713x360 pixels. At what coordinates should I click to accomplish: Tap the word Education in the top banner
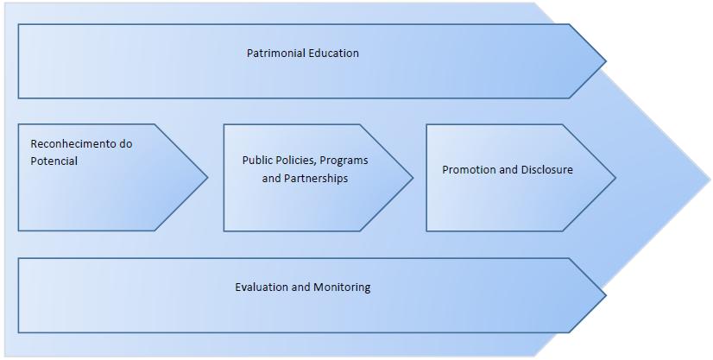click(333, 54)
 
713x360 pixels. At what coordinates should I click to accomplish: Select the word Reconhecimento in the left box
click(73, 144)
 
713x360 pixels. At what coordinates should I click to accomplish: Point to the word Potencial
click(54, 161)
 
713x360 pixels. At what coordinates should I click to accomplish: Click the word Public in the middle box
click(258, 161)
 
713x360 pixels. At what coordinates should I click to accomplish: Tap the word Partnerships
click(317, 179)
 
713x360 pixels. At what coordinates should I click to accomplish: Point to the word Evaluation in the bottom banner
click(262, 287)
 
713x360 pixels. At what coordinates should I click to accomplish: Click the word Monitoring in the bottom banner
click(342, 287)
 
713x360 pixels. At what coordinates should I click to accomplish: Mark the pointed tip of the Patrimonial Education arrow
click(606, 61)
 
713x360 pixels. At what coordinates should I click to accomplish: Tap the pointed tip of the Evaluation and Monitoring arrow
click(606, 295)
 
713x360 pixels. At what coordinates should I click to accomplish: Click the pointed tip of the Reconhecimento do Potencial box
click(208, 178)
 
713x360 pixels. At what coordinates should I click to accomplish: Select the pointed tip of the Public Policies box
click(413, 178)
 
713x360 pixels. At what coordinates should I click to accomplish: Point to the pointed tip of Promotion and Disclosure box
click(615, 178)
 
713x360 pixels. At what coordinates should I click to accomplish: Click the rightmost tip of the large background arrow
click(710, 180)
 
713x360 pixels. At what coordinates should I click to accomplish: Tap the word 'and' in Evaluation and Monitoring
click(302, 287)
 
